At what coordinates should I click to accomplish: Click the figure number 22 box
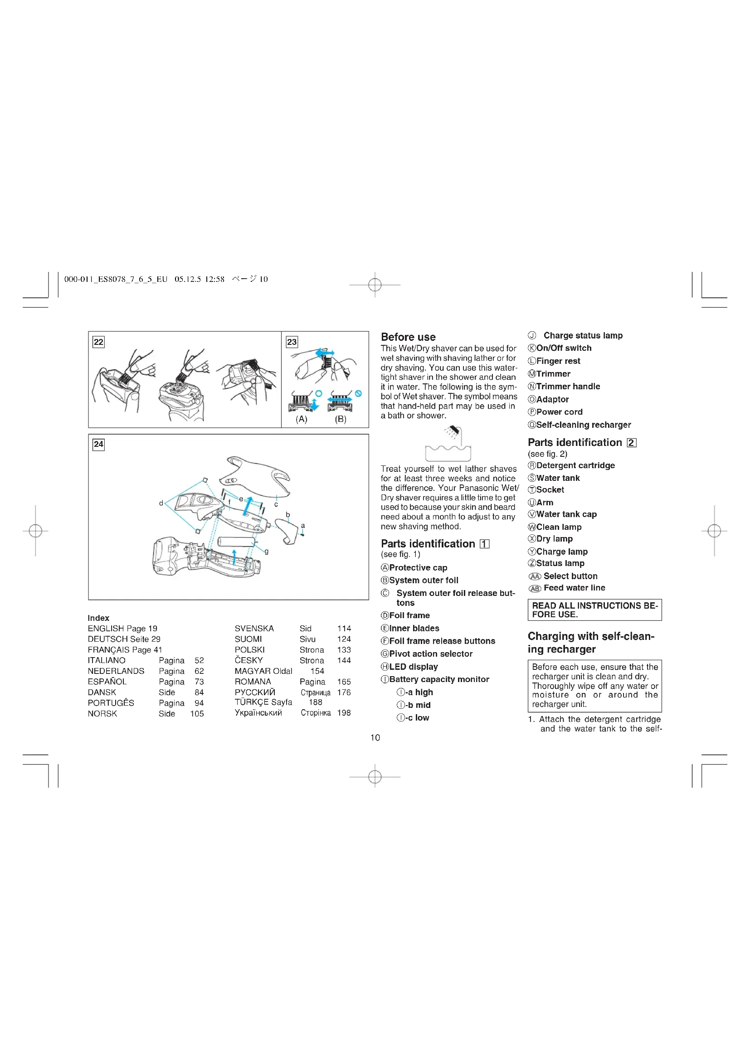[98, 342]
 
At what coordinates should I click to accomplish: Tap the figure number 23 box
[292, 342]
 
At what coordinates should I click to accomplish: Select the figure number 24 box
[98, 444]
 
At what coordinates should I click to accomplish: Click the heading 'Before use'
[408, 337]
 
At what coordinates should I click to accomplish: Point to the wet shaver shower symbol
[448, 444]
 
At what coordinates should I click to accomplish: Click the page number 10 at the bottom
[375, 738]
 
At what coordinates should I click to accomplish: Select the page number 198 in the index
[344, 713]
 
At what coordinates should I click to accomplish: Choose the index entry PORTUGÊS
[111, 703]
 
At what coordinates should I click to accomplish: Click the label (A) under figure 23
[302, 419]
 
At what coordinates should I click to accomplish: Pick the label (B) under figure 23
[341, 419]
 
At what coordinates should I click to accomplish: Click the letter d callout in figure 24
[161, 503]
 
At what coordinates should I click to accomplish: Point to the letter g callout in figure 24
[267, 551]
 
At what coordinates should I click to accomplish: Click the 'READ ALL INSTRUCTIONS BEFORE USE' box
[594, 610]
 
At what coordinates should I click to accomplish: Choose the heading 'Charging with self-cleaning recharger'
[591, 643]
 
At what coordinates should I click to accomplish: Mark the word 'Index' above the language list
[98, 618]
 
